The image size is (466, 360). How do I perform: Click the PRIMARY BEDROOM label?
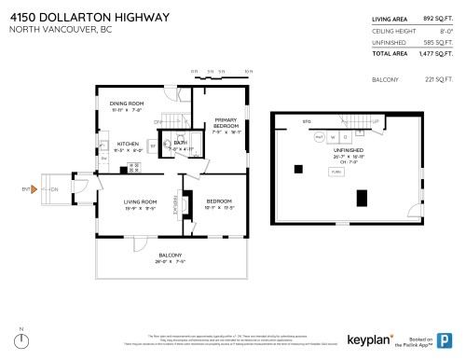[226, 122]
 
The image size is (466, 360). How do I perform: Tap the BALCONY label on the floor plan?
[170, 256]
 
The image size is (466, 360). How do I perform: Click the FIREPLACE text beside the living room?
[175, 213]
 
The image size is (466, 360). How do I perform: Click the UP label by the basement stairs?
[376, 121]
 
